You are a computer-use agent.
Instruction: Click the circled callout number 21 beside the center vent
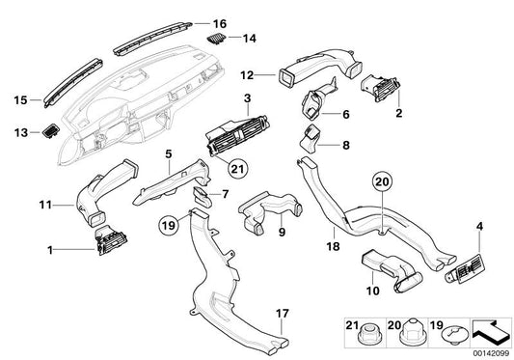point(238,169)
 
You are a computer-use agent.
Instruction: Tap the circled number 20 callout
point(382,181)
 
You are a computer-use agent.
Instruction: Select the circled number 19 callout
point(169,226)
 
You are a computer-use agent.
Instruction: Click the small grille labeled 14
point(217,39)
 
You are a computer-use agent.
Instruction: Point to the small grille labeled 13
point(51,130)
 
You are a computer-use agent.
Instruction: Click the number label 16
point(220,24)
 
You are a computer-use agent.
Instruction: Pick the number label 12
point(247,75)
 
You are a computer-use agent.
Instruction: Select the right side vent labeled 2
point(381,88)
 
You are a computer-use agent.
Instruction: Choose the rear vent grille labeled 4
point(465,269)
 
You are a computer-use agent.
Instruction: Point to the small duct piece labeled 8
point(311,140)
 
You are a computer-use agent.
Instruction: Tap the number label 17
point(283,314)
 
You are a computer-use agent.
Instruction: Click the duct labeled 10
point(392,271)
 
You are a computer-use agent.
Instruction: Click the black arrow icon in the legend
point(491,332)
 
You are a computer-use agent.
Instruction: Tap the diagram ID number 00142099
point(492,353)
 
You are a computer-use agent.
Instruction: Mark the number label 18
point(333,246)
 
